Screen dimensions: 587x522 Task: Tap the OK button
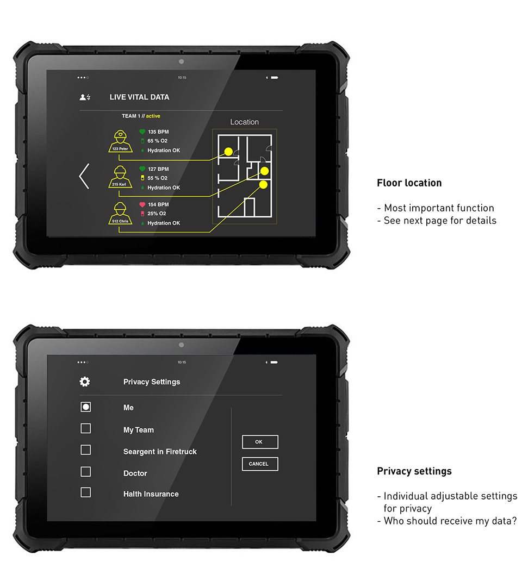click(260, 442)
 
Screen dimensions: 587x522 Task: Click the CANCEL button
click(260, 464)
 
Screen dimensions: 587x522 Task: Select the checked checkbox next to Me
click(85, 407)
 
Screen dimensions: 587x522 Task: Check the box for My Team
click(85, 428)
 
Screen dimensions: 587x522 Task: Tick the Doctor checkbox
click(85, 471)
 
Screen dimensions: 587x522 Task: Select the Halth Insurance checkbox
click(85, 492)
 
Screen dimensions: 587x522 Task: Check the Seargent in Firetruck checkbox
click(85, 449)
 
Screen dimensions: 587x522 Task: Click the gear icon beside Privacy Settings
click(85, 382)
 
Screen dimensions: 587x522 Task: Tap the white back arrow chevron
click(84, 176)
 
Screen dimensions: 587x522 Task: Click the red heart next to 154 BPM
click(142, 205)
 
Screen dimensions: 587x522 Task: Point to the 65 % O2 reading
click(157, 141)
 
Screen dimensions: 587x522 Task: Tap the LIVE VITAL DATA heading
click(139, 97)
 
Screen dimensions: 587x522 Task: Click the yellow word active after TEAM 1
click(153, 116)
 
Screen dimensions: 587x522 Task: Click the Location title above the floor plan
click(244, 122)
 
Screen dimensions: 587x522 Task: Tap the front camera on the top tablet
click(181, 61)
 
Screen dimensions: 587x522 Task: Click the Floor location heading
click(409, 183)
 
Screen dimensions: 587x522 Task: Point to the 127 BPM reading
click(158, 169)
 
